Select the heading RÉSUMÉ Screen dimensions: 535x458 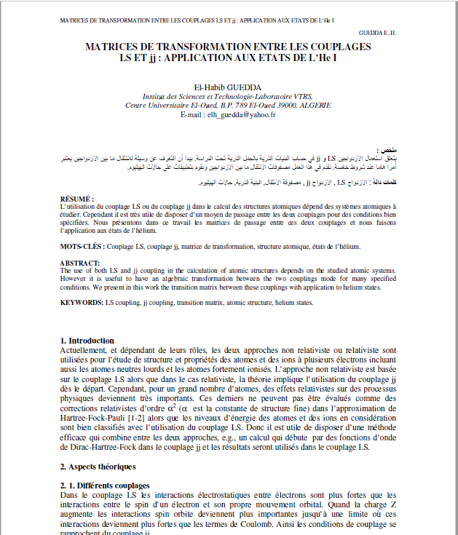(x=76, y=199)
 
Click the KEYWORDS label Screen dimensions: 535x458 (x=82, y=301)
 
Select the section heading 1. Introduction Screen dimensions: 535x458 (x=87, y=340)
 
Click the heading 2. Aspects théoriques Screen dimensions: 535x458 (x=98, y=466)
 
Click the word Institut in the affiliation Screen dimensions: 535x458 (x=156, y=95)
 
